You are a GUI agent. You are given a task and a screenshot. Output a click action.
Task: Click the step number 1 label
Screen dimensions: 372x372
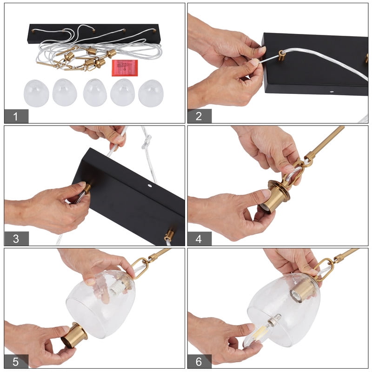[x=16, y=116]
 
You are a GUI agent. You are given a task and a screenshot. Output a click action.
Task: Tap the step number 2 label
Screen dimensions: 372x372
[x=199, y=116]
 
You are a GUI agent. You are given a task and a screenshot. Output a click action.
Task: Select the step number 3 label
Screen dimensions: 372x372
[x=16, y=239]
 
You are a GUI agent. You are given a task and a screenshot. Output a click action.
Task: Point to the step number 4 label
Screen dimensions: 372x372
[x=199, y=239]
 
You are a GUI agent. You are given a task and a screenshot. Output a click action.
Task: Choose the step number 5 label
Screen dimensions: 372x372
[x=16, y=361]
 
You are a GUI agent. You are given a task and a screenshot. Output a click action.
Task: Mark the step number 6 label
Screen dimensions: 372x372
[x=199, y=361]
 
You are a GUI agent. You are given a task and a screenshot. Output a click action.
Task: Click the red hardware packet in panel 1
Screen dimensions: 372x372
[x=125, y=68]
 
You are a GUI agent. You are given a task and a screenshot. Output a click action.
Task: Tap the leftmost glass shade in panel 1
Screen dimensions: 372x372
[x=36, y=93]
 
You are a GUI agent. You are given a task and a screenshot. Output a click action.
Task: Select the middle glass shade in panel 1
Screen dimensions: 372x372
[x=95, y=93]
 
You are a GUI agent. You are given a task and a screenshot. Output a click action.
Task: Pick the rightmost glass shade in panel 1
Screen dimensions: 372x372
[x=151, y=93]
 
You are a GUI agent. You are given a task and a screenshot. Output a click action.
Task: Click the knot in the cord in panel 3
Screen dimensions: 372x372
[x=147, y=142]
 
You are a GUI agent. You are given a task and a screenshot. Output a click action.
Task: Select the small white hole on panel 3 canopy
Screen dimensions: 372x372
[x=149, y=186]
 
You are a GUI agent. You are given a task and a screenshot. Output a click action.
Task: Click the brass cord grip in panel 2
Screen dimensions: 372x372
[x=282, y=56]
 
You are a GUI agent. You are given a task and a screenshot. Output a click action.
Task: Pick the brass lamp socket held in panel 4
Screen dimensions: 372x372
[x=276, y=196]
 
